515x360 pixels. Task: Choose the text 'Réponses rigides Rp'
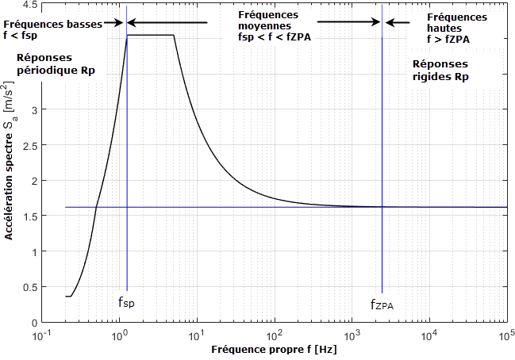(x=441, y=71)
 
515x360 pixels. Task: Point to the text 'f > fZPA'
(x=449, y=38)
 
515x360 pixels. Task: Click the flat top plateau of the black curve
(x=150, y=35)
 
